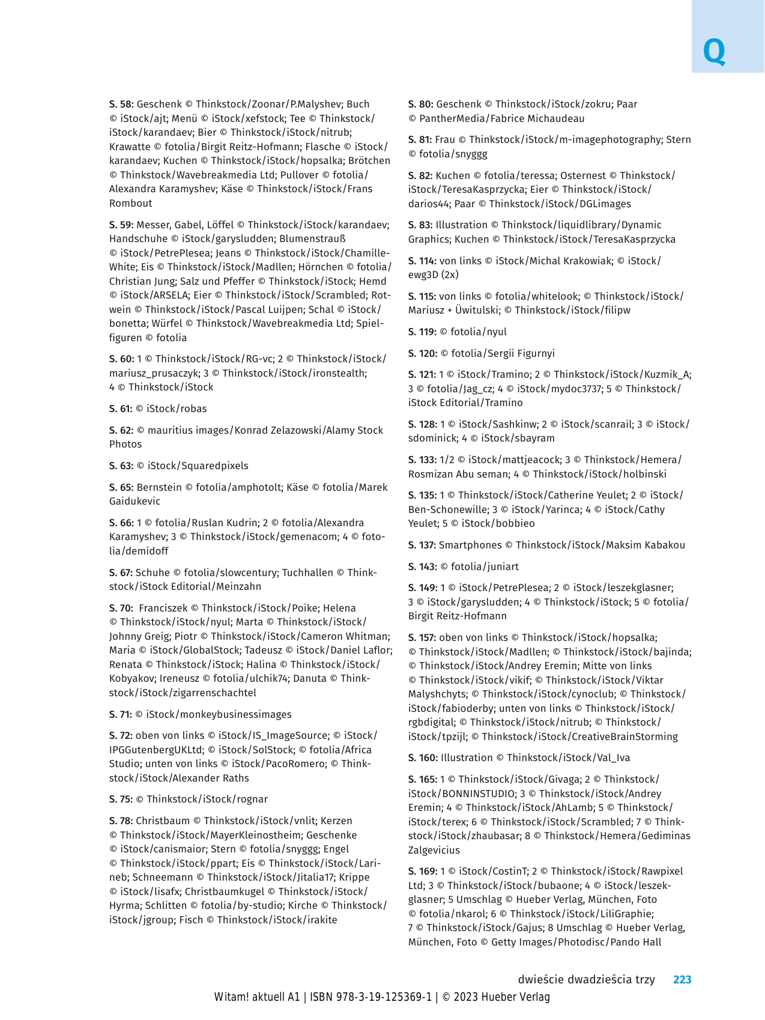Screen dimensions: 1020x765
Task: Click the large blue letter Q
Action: tap(714, 52)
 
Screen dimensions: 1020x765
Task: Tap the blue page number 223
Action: tap(682, 980)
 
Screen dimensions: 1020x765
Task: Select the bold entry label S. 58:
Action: tap(121, 105)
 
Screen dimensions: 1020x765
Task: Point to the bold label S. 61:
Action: tap(121, 409)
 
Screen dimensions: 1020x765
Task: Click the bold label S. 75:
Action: tap(121, 800)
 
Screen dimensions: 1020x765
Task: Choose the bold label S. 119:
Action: tap(422, 332)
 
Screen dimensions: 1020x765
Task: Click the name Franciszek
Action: tap(163, 609)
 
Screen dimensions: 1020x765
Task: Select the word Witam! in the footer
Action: tap(231, 997)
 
